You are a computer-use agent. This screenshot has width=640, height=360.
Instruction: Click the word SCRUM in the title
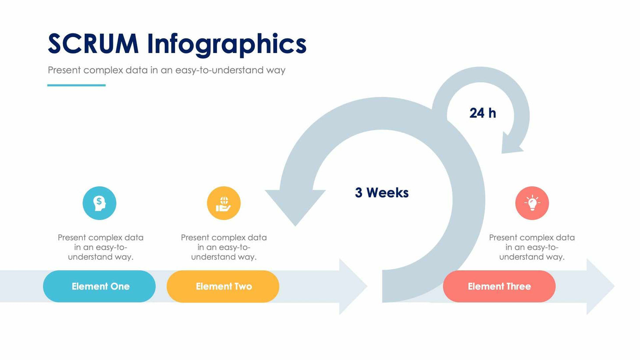tap(93, 44)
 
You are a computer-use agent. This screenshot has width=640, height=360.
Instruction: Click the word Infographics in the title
tap(226, 45)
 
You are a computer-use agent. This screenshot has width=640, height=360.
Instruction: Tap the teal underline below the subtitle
tap(76, 85)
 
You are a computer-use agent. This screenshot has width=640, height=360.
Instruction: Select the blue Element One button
tap(100, 286)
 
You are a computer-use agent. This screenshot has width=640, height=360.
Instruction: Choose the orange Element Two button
tap(223, 286)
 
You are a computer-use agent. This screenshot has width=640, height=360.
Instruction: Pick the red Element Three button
tap(499, 286)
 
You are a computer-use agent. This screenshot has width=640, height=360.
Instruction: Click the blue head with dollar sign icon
tap(100, 203)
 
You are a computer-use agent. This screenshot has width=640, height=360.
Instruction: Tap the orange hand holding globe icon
tap(224, 203)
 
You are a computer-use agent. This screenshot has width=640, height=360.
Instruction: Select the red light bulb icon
tap(532, 203)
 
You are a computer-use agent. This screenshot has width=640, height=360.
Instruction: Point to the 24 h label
tap(483, 113)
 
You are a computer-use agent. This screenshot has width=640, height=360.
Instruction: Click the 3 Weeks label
tap(382, 192)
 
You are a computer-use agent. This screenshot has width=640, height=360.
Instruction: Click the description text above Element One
tap(100, 247)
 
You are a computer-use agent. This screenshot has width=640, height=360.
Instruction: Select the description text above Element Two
tap(224, 247)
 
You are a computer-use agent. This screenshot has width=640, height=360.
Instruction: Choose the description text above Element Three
tap(532, 247)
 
